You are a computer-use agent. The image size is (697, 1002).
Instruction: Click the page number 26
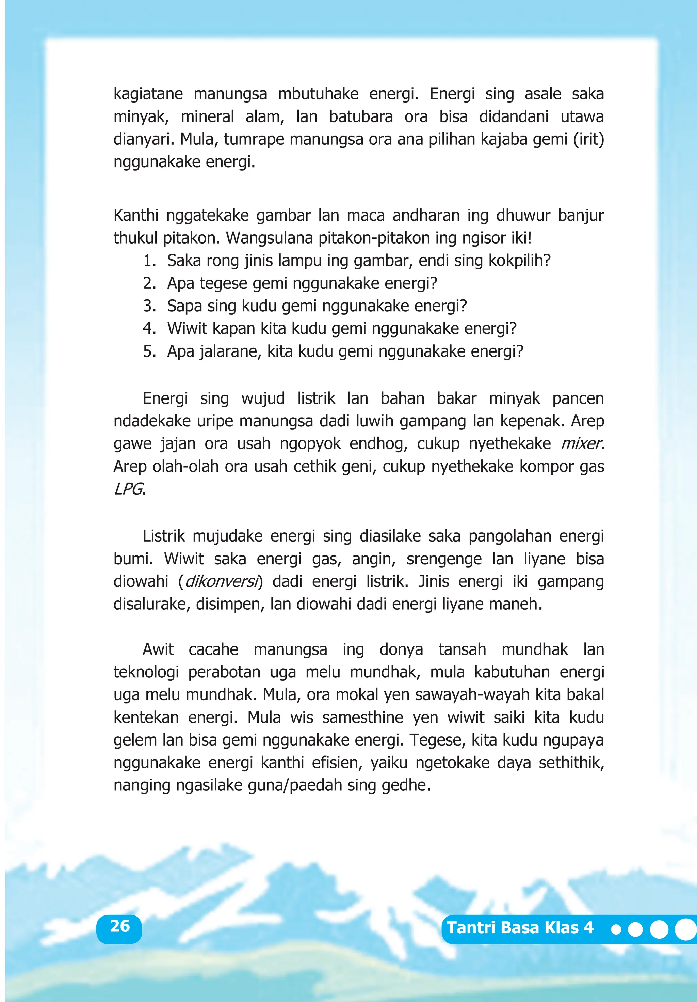click(119, 926)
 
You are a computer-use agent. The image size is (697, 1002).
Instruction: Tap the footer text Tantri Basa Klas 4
click(520, 927)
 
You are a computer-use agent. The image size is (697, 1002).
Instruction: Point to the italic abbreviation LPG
click(128, 489)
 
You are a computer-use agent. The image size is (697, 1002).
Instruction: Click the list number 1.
click(149, 261)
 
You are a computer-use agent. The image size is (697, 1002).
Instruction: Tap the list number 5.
click(149, 351)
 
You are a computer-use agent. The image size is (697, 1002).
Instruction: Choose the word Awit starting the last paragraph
click(158, 650)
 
